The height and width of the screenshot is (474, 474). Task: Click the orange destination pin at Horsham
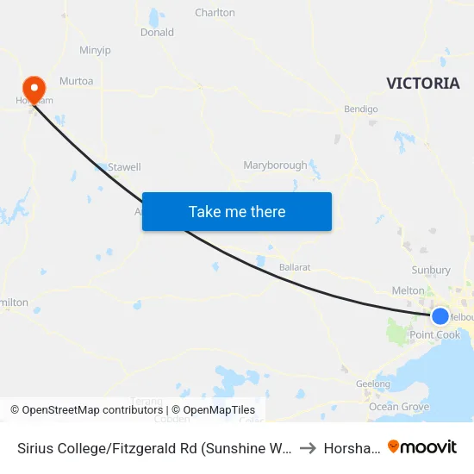34,88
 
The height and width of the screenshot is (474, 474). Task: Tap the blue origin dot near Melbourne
440,315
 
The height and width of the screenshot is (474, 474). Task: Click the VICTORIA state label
422,84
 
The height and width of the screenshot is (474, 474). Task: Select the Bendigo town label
361,109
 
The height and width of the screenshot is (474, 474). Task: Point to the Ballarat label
295,267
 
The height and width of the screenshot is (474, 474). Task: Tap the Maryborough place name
275,165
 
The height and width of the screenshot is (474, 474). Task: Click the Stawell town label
124,167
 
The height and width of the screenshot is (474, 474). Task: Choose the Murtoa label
76,81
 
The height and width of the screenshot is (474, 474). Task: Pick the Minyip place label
95,51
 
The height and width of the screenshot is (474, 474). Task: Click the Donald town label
157,33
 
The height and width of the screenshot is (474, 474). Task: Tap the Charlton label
215,13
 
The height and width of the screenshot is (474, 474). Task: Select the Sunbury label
431,270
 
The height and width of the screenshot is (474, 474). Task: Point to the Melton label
409,291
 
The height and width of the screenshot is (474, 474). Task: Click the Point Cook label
435,334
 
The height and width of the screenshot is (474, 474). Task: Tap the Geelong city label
372,384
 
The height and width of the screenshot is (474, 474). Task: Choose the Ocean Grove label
399,407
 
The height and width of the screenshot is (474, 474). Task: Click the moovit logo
422,447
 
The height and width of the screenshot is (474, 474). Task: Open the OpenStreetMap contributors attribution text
88,410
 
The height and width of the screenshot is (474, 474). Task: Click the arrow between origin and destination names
307,447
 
